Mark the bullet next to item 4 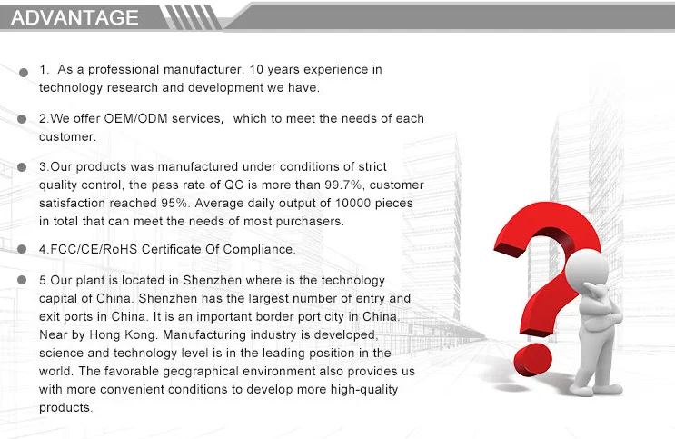[x=25, y=250]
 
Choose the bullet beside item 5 [x=25, y=282]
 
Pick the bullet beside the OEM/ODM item [x=25, y=120]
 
